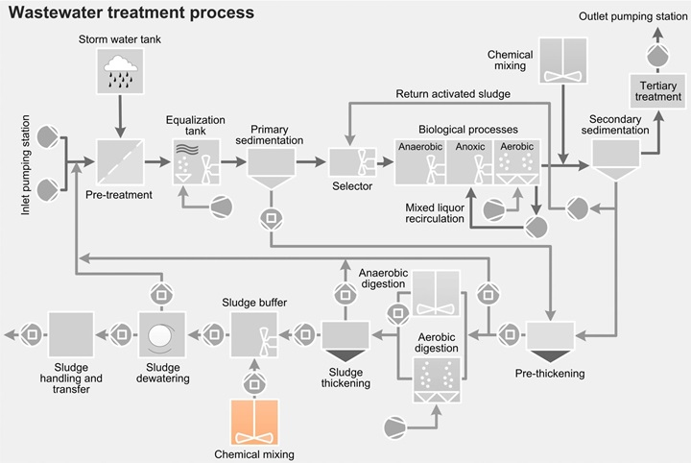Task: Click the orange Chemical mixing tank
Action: (x=253, y=422)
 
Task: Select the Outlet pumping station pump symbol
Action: (x=657, y=57)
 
